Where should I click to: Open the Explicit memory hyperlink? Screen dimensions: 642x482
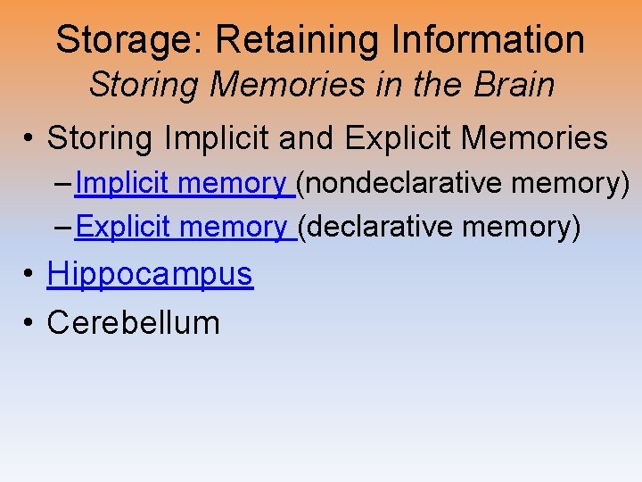click(x=182, y=228)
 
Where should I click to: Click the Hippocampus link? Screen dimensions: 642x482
click(x=150, y=274)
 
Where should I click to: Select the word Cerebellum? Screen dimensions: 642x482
click(x=133, y=322)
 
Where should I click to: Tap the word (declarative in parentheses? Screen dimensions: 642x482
click(x=375, y=228)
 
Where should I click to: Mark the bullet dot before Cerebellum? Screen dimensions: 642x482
click(x=30, y=323)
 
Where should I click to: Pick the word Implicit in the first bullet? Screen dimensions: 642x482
click(x=223, y=138)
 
